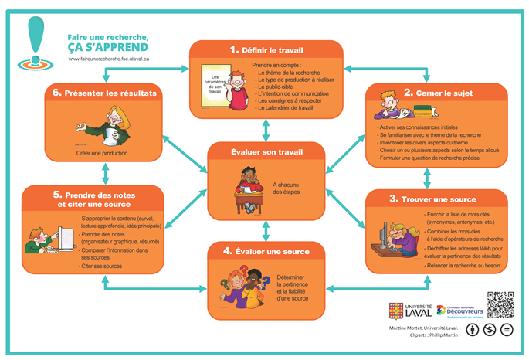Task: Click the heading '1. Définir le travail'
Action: [x=266, y=49]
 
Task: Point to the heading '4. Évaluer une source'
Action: [x=266, y=251]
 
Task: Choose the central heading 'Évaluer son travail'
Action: [x=265, y=151]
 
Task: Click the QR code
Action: [x=500, y=306]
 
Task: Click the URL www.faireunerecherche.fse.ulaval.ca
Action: [x=108, y=59]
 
